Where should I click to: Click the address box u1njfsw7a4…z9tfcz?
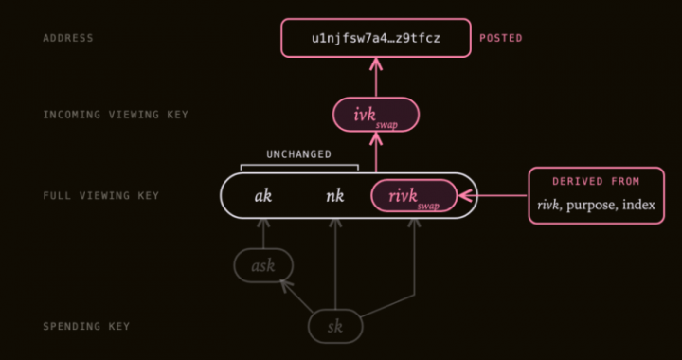pyautogui.click(x=376, y=38)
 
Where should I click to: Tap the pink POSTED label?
pyautogui.click(x=501, y=38)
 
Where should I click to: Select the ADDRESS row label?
pyautogui.click(x=68, y=38)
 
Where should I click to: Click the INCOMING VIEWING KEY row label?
pyautogui.click(x=116, y=115)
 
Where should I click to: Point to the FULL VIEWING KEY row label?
pyautogui.click(x=101, y=196)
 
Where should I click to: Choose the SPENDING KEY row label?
pyautogui.click(x=86, y=326)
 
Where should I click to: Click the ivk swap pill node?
pyautogui.click(x=376, y=115)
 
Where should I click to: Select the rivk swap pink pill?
pyautogui.click(x=414, y=196)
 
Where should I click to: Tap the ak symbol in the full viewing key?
pyautogui.click(x=263, y=196)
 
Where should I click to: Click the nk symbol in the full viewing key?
pyautogui.click(x=335, y=196)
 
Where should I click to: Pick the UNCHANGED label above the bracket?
pyautogui.click(x=298, y=154)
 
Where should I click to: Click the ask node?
pyautogui.click(x=263, y=265)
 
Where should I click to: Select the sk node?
pyautogui.click(x=335, y=326)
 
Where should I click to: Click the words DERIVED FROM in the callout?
pyautogui.click(x=597, y=181)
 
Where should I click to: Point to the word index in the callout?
pyautogui.click(x=638, y=205)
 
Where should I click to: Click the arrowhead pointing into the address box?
pyautogui.click(x=376, y=63)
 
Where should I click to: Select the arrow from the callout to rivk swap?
pyautogui.click(x=494, y=196)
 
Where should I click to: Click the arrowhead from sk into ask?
pyautogui.click(x=285, y=284)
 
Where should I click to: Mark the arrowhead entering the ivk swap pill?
pyautogui.click(x=376, y=138)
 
